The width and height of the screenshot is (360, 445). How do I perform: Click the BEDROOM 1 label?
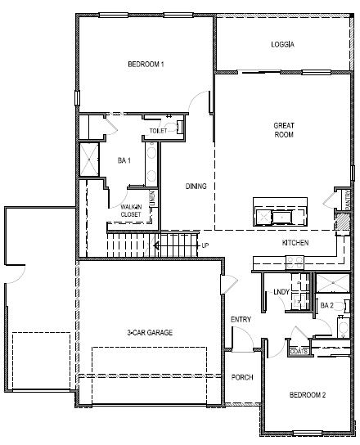(146, 65)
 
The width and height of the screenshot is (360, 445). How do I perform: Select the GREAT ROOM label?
(283, 129)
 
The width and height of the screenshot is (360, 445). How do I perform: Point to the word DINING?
(196, 187)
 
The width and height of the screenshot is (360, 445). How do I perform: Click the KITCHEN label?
(295, 244)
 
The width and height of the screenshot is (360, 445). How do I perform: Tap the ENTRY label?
(241, 319)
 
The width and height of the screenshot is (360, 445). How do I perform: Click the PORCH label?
(242, 377)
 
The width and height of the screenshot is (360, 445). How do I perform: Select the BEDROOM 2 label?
(308, 395)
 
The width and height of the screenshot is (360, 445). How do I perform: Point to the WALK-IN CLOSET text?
(131, 211)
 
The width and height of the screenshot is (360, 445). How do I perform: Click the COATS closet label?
(299, 352)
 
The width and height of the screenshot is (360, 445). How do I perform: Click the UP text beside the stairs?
(205, 245)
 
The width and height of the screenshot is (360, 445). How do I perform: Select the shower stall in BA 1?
(88, 159)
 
